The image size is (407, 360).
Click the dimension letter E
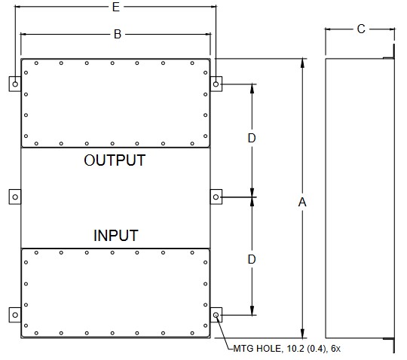116,7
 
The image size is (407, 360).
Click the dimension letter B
118,34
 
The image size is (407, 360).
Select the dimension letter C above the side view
361,29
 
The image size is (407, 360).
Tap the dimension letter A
302,202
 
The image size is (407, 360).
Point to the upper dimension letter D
252,139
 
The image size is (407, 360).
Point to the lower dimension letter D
252,259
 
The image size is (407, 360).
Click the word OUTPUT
115,160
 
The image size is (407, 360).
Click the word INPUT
116,236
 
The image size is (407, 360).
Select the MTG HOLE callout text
287,349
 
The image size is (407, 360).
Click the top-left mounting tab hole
15,84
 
